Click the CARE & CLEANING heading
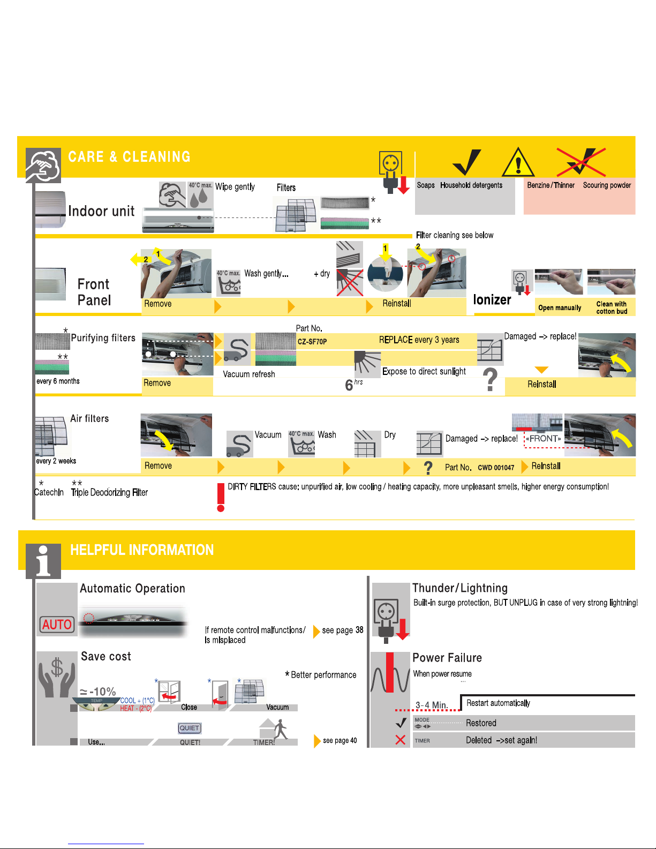point(129,157)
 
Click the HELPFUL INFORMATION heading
point(142,550)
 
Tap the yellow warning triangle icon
point(518,163)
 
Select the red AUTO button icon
point(57,625)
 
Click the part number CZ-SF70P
point(312,341)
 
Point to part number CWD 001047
point(496,468)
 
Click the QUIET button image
point(190,728)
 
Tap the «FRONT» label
point(544,439)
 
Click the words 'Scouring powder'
point(607,185)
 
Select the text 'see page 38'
point(343,630)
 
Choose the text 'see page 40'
point(340,741)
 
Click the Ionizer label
point(492,300)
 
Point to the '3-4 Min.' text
point(432,705)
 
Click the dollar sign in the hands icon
point(57,668)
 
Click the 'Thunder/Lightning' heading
point(460,588)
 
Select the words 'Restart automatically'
point(498,703)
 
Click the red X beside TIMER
point(400,740)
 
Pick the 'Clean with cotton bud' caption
point(612,307)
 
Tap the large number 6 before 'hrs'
point(349,385)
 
